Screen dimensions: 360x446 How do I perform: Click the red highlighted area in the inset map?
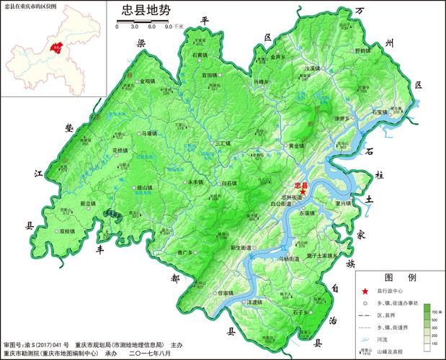click(x=55, y=49)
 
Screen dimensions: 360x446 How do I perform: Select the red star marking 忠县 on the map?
click(x=303, y=192)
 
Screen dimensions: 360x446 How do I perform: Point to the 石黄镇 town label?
click(x=200, y=55)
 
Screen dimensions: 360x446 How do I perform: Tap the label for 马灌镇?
click(x=149, y=133)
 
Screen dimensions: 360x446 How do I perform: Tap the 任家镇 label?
click(x=225, y=293)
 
